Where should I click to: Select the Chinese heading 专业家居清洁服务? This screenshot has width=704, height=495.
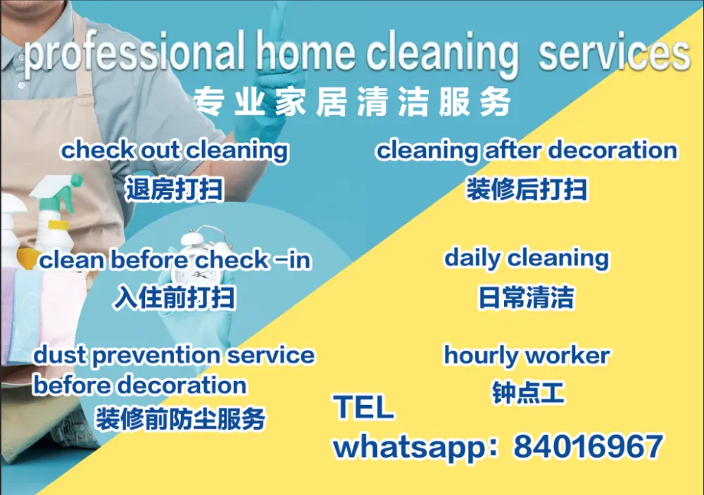click(x=353, y=102)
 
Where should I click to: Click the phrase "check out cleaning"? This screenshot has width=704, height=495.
click(x=175, y=151)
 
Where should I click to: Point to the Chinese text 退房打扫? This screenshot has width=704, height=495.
click(x=174, y=189)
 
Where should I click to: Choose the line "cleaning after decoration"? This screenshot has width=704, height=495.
click(x=527, y=151)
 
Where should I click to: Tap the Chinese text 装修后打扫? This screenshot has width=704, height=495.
click(x=527, y=189)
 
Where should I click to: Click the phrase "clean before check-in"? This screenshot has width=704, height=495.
click(x=175, y=260)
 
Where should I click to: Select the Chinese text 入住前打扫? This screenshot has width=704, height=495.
click(x=174, y=297)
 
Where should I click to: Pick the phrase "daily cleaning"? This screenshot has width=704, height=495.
click(x=527, y=258)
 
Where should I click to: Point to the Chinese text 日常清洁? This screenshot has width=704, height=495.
click(x=527, y=297)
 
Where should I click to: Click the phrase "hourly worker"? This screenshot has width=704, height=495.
click(x=527, y=356)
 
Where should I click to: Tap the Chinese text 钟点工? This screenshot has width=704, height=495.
click(x=528, y=393)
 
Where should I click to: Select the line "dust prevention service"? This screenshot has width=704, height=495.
click(x=174, y=356)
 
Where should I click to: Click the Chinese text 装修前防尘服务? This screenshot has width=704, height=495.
click(x=180, y=419)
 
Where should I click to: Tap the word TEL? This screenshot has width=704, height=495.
click(x=364, y=407)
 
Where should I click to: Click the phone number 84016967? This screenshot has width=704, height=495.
click(x=588, y=446)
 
